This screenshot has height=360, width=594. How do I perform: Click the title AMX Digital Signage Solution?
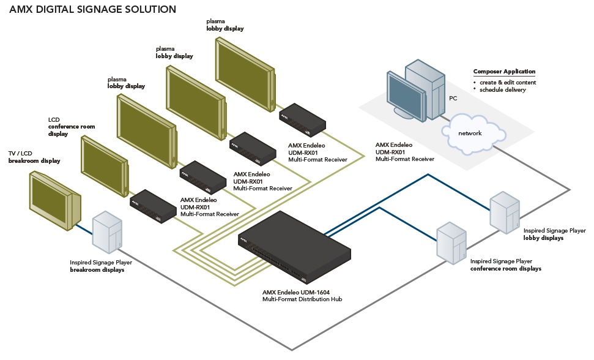tap(93, 10)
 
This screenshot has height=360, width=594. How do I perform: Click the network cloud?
tap(470, 133)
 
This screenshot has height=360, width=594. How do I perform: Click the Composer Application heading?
tap(504, 72)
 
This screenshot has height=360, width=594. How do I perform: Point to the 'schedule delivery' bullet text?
tap(502, 90)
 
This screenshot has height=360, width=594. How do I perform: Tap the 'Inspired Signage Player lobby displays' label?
tap(554, 234)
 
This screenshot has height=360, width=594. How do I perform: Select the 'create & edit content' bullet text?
tap(507, 82)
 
